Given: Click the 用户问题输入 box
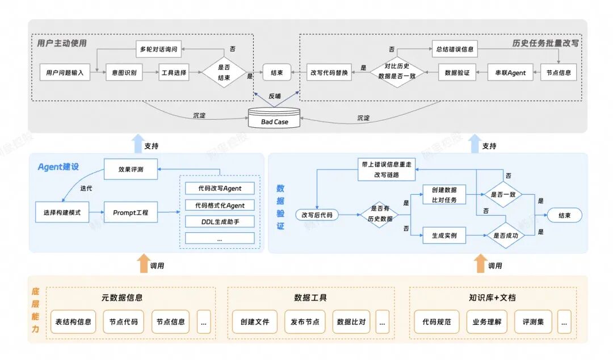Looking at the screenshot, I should (65, 72).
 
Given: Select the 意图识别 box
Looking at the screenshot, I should (124, 72).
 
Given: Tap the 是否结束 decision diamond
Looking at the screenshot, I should (224, 72).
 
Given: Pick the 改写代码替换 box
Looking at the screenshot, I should (329, 72).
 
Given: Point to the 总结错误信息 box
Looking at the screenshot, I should (455, 49).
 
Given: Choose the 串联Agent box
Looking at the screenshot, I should (510, 72).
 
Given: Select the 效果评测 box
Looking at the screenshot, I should (131, 169).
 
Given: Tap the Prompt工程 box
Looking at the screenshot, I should (131, 212).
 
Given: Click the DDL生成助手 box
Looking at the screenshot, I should (220, 221).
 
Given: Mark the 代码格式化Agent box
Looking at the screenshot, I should (220, 205).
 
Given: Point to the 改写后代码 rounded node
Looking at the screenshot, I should (317, 215).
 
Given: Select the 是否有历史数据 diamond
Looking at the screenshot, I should (380, 215).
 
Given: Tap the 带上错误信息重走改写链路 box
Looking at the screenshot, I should (387, 169).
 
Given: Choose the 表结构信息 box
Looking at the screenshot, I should (73, 321).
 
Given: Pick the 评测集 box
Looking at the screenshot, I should (533, 321).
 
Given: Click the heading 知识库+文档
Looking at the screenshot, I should (492, 297).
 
